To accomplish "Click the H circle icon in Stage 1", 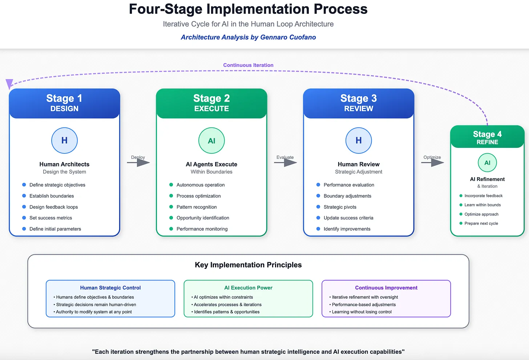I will (x=64, y=141).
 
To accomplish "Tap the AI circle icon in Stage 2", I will (x=211, y=141).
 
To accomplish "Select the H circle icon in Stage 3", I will (x=358, y=141).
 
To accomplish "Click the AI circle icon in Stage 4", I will (x=487, y=163).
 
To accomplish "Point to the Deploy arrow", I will (x=138, y=162).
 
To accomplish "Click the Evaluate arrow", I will (x=286, y=162).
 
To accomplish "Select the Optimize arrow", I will (x=432, y=162).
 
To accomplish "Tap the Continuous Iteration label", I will (x=248, y=65).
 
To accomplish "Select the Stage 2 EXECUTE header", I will (x=211, y=103).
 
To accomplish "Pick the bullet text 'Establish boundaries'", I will (x=52, y=196).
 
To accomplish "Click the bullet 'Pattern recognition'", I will (x=197, y=207).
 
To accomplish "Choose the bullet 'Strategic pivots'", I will (x=340, y=207).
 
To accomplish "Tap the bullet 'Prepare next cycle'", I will (x=481, y=223).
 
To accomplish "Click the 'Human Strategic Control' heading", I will (x=110, y=288).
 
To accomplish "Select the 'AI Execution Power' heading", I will (x=248, y=288).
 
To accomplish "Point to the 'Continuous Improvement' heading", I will (x=386, y=288).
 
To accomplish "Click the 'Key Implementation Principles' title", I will (x=248, y=265).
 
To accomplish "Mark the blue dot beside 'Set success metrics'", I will (x=24, y=218).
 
